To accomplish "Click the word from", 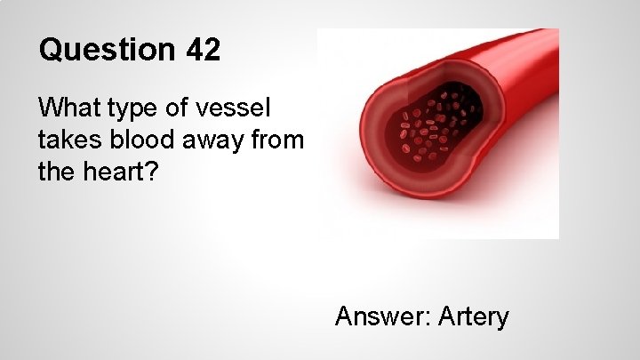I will point(277,140).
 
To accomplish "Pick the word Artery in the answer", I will point(476,317).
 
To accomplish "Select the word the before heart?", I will point(55,171).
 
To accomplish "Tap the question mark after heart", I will point(153,171).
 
